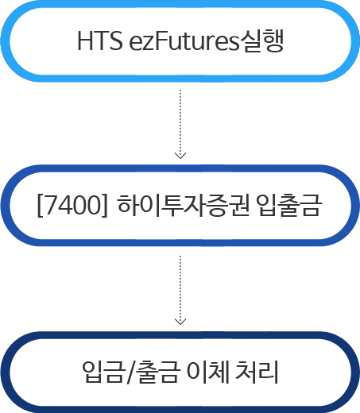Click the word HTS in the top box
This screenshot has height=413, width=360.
point(100,41)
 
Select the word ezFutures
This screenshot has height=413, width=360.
point(184,41)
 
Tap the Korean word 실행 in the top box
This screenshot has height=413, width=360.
point(261,41)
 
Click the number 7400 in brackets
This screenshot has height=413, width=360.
point(72,205)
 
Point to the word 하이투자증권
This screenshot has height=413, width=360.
point(184,205)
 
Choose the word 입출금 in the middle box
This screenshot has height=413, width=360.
point(289,205)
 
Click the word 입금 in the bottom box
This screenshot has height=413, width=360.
point(103,371)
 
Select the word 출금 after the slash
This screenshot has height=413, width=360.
point(157,371)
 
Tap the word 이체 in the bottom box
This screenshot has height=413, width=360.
point(207,371)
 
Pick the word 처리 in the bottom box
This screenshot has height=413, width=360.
point(257,371)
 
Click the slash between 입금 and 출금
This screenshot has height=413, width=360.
point(131,372)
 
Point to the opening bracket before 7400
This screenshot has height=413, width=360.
point(40,206)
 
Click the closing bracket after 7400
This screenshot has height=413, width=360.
point(105,206)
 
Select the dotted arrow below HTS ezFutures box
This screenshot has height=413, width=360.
point(180,124)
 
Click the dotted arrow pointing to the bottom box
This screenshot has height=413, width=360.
point(180,290)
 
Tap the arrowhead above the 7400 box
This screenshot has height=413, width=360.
point(180,156)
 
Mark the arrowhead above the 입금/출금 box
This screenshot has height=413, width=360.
point(180,322)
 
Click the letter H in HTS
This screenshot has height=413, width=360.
point(85,41)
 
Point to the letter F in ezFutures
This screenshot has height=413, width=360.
point(161,41)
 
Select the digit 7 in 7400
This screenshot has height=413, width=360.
point(49,205)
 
